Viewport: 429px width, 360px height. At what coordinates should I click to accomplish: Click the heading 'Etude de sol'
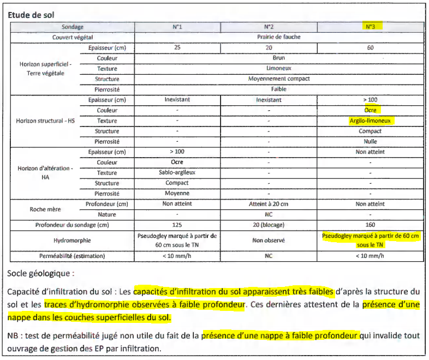point(31,15)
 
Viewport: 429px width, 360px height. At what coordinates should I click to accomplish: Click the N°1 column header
point(177,26)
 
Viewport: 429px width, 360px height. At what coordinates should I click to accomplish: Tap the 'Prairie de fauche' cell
point(278,37)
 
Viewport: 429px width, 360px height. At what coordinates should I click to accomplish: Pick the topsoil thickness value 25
point(177,47)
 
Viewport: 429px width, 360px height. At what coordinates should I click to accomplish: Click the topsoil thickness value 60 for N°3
point(370,47)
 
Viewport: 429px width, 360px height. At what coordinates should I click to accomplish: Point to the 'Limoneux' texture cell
point(278,68)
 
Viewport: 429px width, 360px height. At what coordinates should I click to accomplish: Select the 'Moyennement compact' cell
point(278,79)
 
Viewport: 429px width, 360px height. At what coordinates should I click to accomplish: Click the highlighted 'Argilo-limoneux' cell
point(371,121)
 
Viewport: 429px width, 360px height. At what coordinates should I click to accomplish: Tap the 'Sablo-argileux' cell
point(177,172)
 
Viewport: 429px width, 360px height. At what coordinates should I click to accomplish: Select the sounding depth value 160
point(370,225)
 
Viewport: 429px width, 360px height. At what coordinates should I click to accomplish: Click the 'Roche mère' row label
point(45,209)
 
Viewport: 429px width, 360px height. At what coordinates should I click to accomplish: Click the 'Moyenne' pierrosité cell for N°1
point(177,193)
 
